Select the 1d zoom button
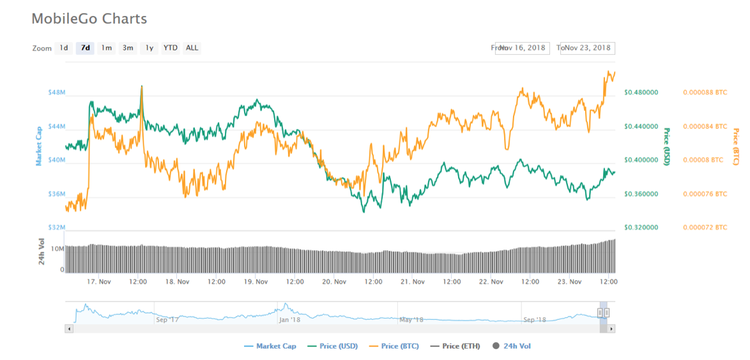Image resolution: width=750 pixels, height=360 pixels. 64,48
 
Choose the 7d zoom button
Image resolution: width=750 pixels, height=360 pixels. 85,48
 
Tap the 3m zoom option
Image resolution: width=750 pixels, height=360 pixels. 128,48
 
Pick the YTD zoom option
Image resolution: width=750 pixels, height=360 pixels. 171,48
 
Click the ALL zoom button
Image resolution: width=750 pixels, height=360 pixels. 192,48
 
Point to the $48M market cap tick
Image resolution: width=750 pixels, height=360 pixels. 56,92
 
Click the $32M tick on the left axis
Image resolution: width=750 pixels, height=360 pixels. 56,228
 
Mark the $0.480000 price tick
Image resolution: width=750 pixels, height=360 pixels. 641,92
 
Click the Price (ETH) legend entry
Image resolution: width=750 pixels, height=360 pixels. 456,347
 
